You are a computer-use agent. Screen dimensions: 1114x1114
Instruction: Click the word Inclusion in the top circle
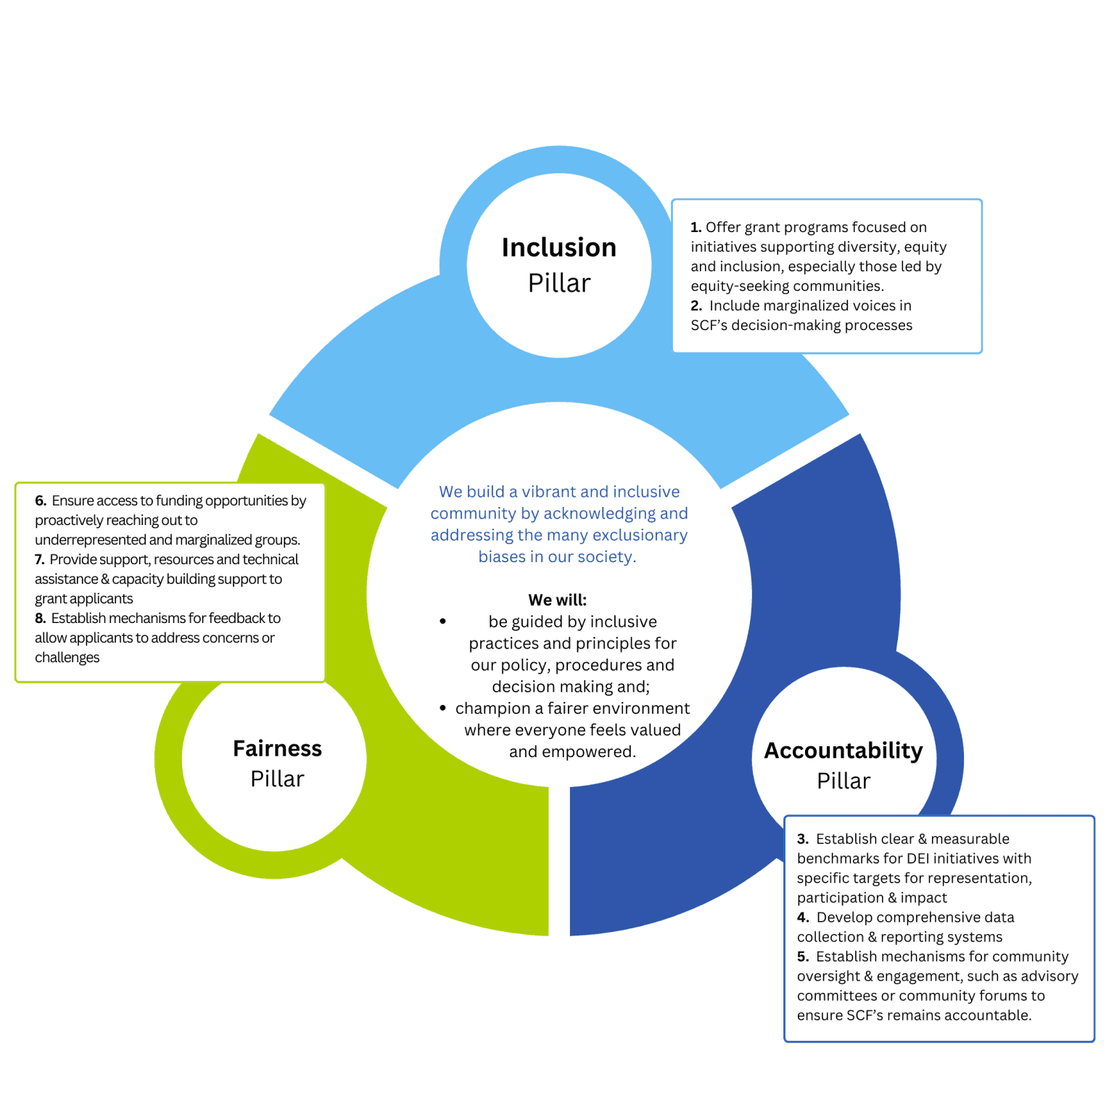coord(558,247)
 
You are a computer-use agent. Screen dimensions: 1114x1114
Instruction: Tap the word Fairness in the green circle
coord(277,748)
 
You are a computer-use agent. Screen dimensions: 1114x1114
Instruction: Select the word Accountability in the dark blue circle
coord(843,751)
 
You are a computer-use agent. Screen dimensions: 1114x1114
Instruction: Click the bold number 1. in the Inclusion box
coord(696,228)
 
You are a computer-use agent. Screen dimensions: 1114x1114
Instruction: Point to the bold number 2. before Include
coord(696,306)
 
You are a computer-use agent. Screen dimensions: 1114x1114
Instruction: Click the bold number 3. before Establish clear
coord(802,839)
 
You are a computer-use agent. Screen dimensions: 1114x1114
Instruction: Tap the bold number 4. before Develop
coord(802,917)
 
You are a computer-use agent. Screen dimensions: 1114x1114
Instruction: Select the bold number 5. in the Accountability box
coord(802,957)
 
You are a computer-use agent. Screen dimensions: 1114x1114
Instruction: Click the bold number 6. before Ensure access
coord(41,501)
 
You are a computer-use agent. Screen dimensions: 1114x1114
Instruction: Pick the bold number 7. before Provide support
coord(40,560)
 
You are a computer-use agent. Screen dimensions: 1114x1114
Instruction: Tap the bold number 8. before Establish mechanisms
coord(41,619)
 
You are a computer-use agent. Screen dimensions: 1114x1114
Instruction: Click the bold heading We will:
coord(557,600)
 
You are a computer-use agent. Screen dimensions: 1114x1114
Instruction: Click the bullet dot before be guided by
coord(442,622)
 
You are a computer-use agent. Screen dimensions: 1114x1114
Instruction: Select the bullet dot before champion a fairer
coord(442,708)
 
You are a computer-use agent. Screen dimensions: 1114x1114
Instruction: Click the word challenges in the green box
coord(67,658)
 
